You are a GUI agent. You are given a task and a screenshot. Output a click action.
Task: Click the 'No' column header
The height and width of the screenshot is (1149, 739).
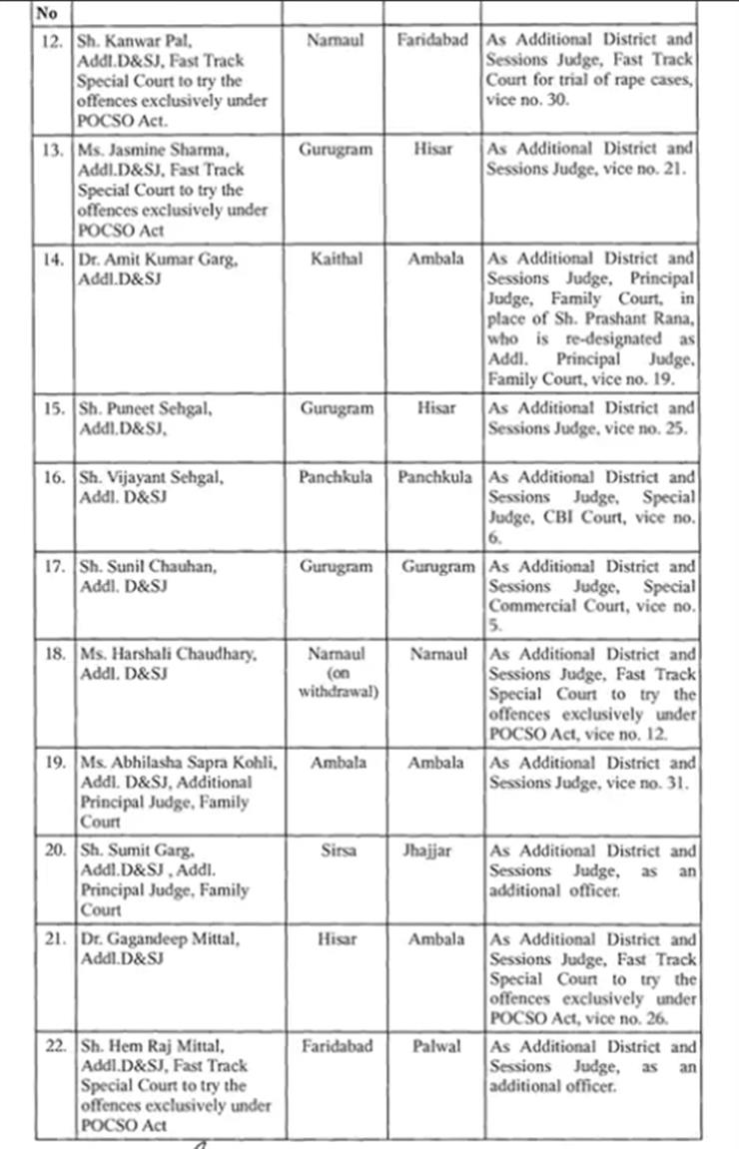coord(46,15)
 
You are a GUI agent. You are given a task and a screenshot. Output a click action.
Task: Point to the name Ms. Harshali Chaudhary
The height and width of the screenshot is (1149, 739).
coord(167,655)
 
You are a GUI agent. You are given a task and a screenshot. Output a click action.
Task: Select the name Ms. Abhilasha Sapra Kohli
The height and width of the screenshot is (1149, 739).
coord(177,763)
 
